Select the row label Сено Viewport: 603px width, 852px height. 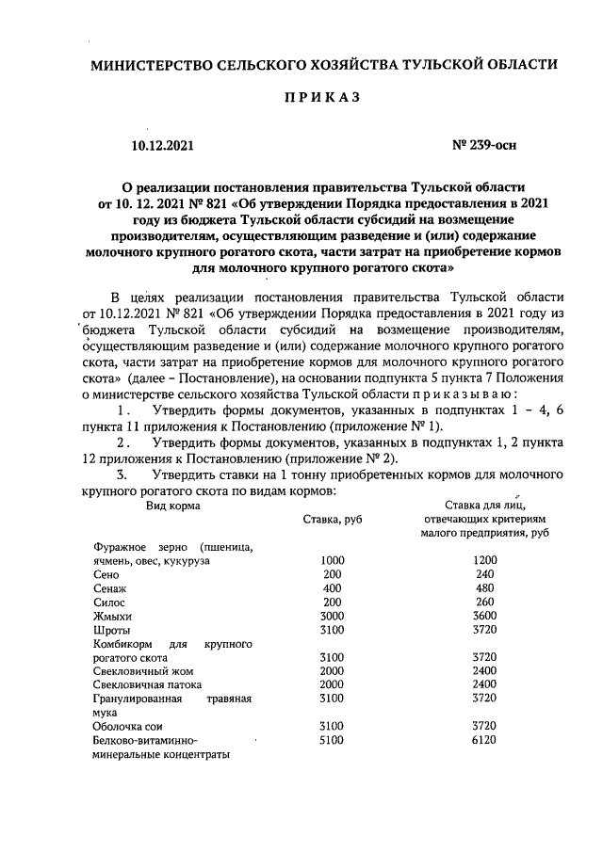tap(106, 573)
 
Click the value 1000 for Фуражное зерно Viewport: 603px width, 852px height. tap(332, 560)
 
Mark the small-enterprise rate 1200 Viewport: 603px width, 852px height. tap(485, 560)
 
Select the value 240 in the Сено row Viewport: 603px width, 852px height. tap(485, 573)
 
